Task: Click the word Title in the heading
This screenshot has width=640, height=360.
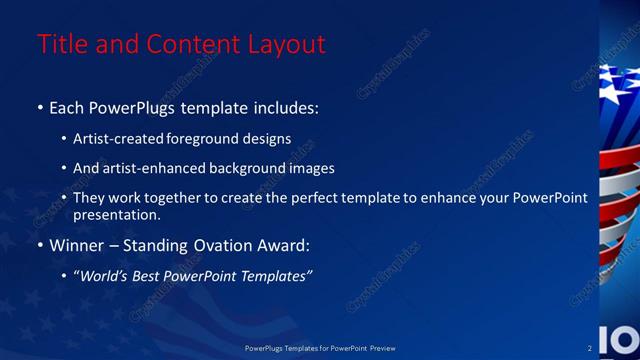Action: coord(59,44)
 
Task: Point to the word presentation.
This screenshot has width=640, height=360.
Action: coord(117,214)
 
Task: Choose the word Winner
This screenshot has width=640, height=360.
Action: coord(76,244)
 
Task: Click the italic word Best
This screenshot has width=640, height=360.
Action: coord(152,275)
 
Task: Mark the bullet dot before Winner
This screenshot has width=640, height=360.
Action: coord(40,245)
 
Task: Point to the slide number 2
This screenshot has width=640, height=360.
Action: coord(589,348)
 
